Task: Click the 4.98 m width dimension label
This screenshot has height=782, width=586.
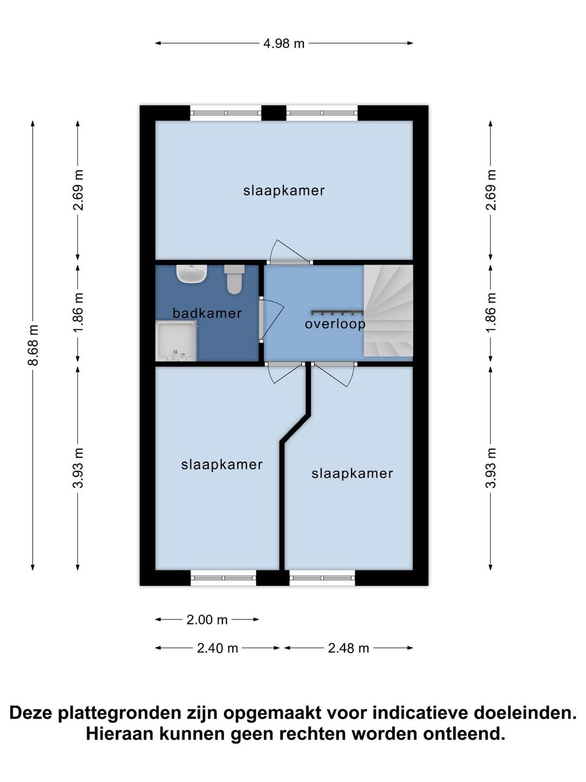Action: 284,43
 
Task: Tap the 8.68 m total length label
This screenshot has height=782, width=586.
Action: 34,345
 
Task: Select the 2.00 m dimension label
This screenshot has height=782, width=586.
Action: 207,620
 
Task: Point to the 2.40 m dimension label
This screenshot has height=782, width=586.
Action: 218,648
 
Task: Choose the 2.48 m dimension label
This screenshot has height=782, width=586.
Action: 348,648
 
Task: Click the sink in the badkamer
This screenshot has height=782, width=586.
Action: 192,274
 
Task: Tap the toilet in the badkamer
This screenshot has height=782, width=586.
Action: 234,279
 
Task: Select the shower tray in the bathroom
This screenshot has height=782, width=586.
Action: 176,340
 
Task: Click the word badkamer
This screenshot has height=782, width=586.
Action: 207,313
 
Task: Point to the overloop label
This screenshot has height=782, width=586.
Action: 335,324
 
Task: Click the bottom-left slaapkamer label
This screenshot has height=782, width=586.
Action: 222,464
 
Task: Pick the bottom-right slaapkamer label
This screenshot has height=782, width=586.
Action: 352,474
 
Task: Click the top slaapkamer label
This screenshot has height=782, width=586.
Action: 284,191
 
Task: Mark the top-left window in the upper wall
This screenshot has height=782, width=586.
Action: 226,113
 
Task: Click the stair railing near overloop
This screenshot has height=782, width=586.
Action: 337,312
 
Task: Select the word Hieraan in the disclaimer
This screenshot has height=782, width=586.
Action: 120,734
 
